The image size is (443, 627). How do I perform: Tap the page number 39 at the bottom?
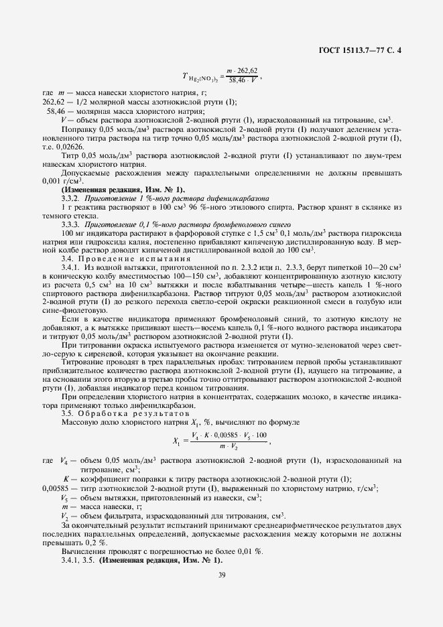click(x=221, y=574)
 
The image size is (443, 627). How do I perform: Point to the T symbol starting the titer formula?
click(x=185, y=78)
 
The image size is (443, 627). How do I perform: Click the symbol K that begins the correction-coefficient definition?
click(x=66, y=479)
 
